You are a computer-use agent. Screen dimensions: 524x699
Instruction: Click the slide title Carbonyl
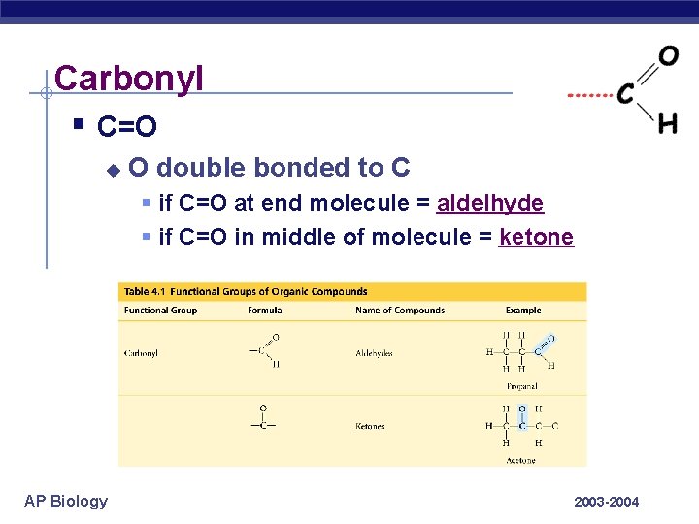click(x=129, y=78)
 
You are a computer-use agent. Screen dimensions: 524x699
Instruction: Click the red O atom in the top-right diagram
click(x=668, y=55)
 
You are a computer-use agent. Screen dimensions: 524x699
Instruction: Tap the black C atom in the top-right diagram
click(x=626, y=94)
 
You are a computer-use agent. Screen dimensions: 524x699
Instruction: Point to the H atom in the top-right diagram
click(x=668, y=123)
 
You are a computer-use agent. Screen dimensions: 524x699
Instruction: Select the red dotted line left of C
click(x=589, y=96)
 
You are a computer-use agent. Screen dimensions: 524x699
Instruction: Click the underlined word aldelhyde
click(x=490, y=203)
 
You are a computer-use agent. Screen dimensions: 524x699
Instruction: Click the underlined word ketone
click(x=536, y=237)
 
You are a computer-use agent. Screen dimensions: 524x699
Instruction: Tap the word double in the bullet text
click(x=197, y=168)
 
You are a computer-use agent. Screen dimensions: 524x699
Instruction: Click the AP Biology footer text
click(x=66, y=501)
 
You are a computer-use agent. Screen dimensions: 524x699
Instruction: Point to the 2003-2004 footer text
click(x=607, y=502)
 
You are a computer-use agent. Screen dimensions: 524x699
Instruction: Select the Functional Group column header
click(x=160, y=311)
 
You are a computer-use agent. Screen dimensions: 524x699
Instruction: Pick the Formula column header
click(x=264, y=311)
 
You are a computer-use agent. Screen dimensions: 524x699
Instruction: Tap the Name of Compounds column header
click(x=400, y=311)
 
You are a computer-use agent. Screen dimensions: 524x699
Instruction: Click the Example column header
click(x=523, y=311)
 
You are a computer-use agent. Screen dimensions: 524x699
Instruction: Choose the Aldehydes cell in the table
click(x=374, y=354)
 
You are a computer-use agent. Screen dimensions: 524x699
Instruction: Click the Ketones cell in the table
click(x=370, y=426)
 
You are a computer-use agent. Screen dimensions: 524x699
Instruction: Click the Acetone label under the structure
click(x=520, y=460)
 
